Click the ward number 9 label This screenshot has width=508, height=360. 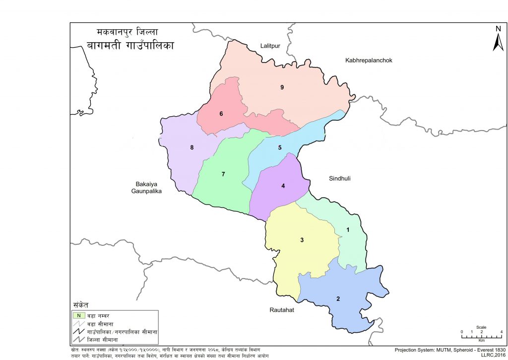click(x=282, y=87)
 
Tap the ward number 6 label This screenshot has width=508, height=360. click(x=221, y=114)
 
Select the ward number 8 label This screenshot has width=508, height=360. click(x=191, y=147)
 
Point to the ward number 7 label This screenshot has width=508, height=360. click(x=223, y=174)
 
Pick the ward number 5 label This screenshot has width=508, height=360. click(x=280, y=147)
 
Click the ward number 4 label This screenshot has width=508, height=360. click(x=283, y=186)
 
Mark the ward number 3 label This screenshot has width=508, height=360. click(x=302, y=240)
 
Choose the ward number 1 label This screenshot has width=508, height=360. click(x=348, y=229)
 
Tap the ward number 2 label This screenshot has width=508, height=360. click(x=338, y=298)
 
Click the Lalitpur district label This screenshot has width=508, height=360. click(x=271, y=46)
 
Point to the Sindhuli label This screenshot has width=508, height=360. click(x=339, y=178)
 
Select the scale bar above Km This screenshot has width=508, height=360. click(x=481, y=337)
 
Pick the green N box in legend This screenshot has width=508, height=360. click(x=78, y=315)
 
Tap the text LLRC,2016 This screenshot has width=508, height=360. click(x=492, y=355)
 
